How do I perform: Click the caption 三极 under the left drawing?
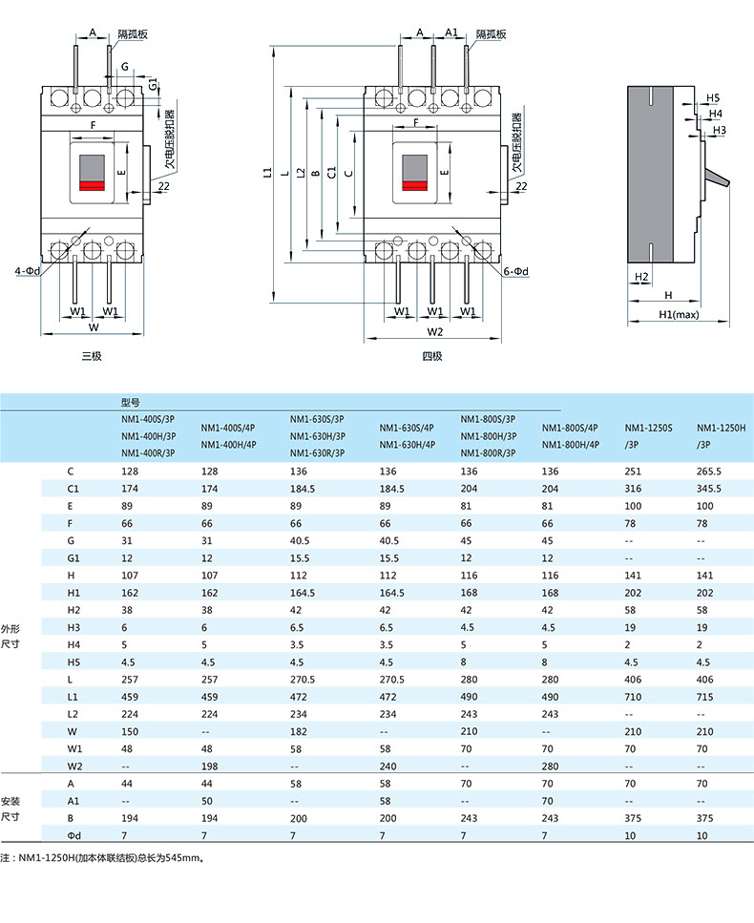click(x=92, y=356)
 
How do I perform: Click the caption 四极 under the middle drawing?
click(x=432, y=356)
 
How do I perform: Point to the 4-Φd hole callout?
click(x=27, y=271)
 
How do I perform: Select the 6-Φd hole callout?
click(x=515, y=272)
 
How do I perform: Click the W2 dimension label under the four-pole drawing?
click(x=435, y=332)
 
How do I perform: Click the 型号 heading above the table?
click(x=131, y=403)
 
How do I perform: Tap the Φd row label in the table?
click(x=73, y=836)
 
